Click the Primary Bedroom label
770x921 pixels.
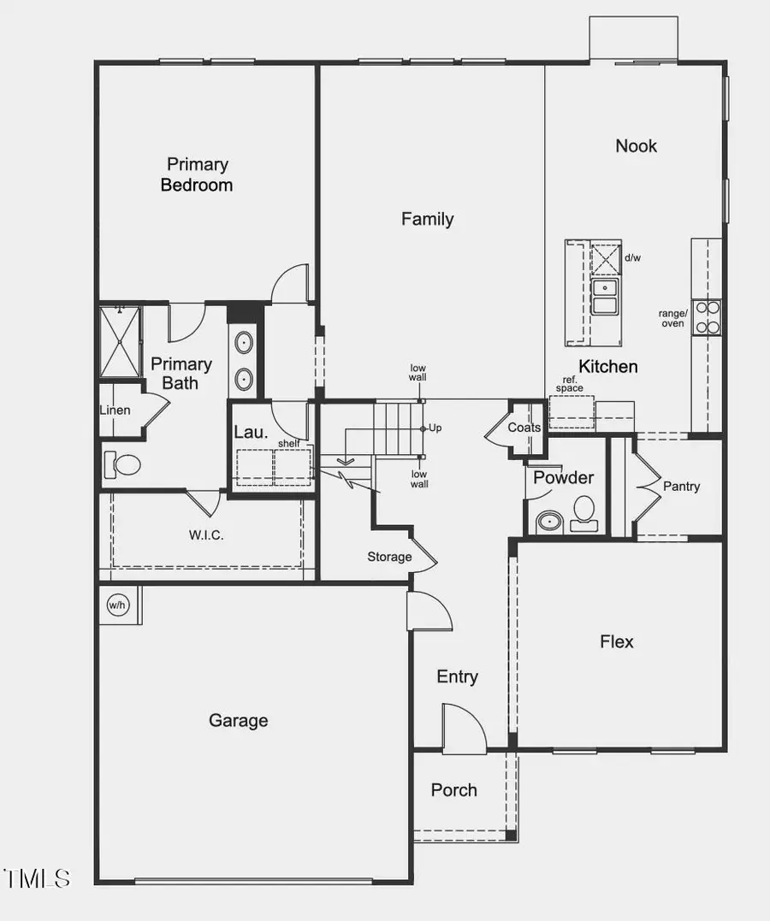point(197,174)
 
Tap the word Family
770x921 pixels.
point(427,220)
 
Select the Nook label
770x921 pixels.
point(637,146)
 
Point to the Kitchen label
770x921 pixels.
point(608,367)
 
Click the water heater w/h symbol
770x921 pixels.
point(116,605)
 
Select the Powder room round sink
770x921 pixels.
point(548,521)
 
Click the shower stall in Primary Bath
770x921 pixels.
point(119,341)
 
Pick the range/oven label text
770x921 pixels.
point(672,318)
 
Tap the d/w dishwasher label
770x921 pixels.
point(632,257)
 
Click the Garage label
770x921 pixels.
point(238,721)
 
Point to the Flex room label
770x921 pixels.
point(617,641)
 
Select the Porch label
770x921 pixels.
point(453,790)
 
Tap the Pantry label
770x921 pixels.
point(681,487)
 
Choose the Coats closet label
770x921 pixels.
point(524,428)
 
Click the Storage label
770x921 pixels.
point(389,557)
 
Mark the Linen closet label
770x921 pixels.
point(115,410)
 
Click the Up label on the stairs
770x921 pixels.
point(435,428)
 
